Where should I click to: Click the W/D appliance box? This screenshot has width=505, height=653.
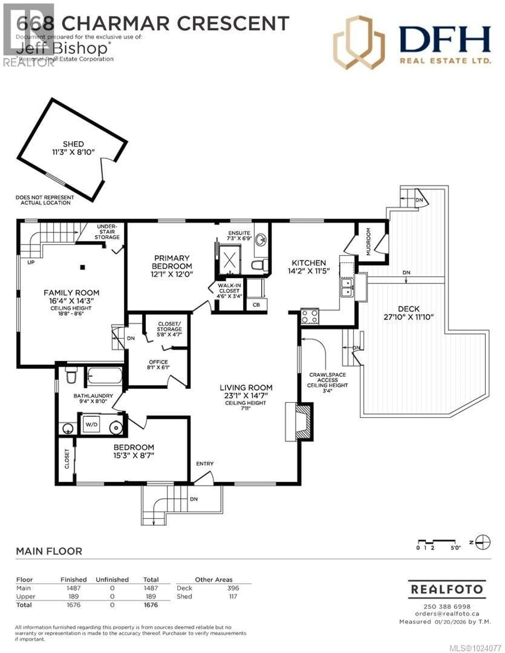(x=91, y=424)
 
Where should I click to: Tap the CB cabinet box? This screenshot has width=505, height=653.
(x=256, y=305)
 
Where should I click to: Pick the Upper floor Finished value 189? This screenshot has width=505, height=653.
(x=74, y=596)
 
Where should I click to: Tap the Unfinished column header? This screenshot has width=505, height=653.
(x=112, y=580)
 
